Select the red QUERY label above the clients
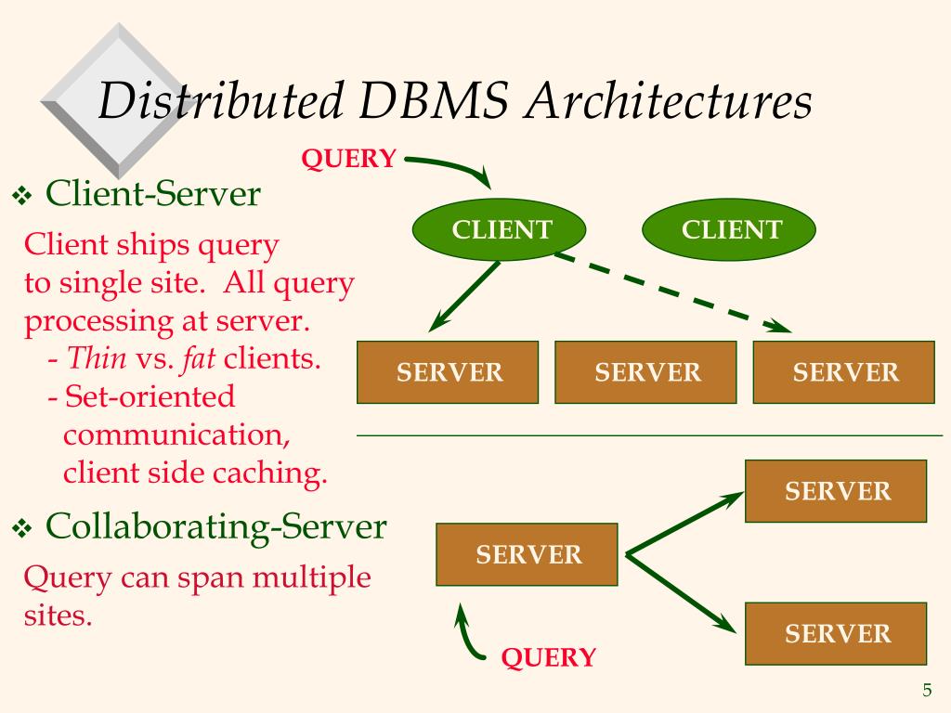pos(348,159)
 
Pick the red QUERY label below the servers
pos(548,658)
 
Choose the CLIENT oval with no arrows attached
pos(731,230)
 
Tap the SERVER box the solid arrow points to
pos(449,372)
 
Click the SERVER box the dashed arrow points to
pos(844,372)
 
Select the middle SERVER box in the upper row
pos(646,372)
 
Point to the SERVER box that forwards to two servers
pos(528,555)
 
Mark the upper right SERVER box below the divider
pos(837,491)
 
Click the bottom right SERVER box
pos(837,634)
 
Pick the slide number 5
pos(927,690)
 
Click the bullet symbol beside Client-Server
pos(22,196)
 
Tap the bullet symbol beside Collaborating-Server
pos(22,528)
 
